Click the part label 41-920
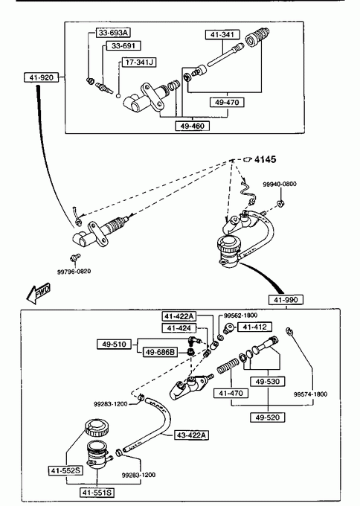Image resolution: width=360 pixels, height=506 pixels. (42, 77)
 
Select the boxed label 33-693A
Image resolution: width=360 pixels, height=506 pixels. (113, 33)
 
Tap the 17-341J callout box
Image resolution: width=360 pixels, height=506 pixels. (139, 63)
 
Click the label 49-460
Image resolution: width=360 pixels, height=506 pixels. (192, 126)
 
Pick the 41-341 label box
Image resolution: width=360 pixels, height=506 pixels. (222, 34)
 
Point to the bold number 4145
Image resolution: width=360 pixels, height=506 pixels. (265, 159)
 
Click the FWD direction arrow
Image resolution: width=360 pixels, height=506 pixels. (38, 294)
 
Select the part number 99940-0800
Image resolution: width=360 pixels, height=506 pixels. (280, 184)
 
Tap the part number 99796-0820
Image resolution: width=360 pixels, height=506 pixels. (74, 272)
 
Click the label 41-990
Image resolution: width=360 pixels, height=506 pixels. (286, 300)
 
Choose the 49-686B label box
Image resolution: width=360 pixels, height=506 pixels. (160, 352)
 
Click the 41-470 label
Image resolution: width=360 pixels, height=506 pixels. (231, 393)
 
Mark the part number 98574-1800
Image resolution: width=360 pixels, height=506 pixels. (310, 394)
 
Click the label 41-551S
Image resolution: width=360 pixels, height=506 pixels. (97, 493)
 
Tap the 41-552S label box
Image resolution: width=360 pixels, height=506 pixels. (65, 471)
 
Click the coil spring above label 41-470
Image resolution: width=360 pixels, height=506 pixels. (228, 366)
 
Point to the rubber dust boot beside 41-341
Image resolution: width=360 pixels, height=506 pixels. (257, 37)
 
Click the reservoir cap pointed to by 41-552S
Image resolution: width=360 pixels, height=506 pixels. (97, 428)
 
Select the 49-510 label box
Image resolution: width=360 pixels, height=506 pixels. (115, 345)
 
